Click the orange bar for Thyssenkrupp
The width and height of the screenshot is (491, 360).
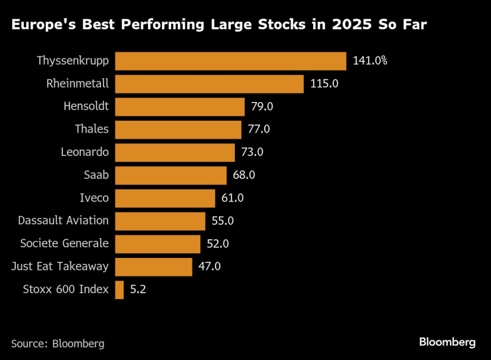point(230,61)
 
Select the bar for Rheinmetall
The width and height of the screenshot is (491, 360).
point(209,84)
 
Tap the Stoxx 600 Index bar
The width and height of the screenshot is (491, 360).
point(119,290)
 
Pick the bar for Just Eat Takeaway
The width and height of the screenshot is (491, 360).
point(153,267)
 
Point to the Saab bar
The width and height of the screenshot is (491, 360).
point(171,175)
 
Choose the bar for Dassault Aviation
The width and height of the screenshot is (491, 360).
point(160,221)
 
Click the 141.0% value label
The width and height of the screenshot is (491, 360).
point(370,61)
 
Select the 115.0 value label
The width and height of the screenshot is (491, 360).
point(324,84)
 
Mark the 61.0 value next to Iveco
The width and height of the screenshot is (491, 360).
point(232,198)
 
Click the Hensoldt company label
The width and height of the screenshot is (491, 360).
point(86,106)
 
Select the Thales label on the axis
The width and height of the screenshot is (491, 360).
point(92,129)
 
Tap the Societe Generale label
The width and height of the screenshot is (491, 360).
point(64,243)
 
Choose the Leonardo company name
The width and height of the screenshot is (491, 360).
point(84,152)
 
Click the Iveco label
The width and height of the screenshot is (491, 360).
point(94,198)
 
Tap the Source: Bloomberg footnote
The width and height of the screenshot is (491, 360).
point(58,343)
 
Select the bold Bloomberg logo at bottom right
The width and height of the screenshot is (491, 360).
point(447,342)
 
